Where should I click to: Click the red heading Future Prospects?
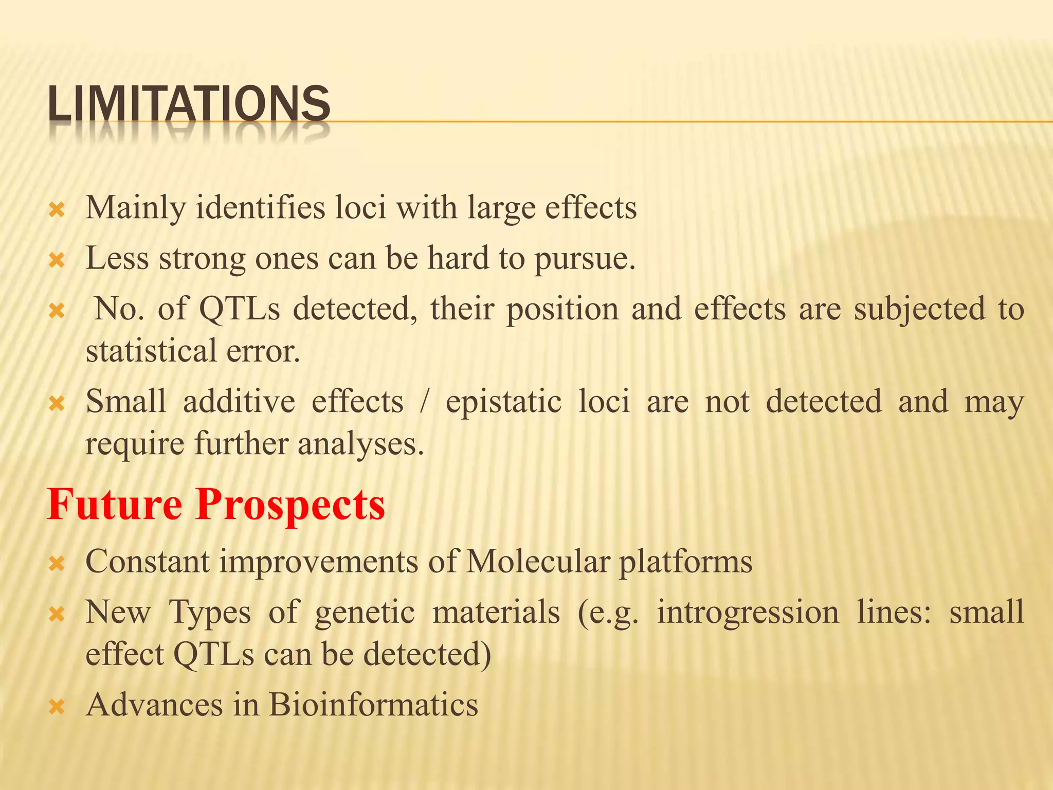(216, 504)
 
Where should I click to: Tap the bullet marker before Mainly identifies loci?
(56, 210)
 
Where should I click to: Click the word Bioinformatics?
(373, 704)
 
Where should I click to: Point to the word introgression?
(748, 613)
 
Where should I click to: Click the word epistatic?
(503, 402)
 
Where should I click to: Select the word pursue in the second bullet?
(584, 259)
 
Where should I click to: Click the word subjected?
(919, 309)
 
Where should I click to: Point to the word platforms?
(685, 562)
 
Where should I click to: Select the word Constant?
(148, 561)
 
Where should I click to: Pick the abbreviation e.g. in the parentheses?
(608, 613)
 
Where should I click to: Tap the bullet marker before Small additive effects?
(56, 404)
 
